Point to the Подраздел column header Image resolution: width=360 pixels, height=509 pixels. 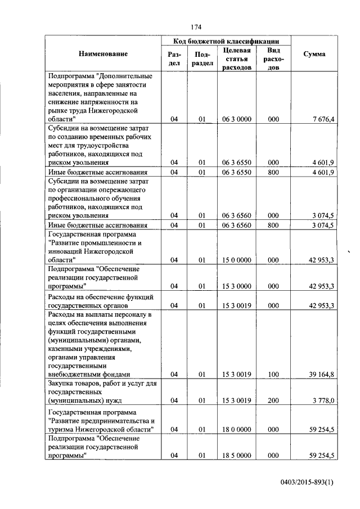(202, 58)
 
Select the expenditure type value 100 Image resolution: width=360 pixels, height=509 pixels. (273, 374)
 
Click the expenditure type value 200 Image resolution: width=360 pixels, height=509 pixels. (273, 400)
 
